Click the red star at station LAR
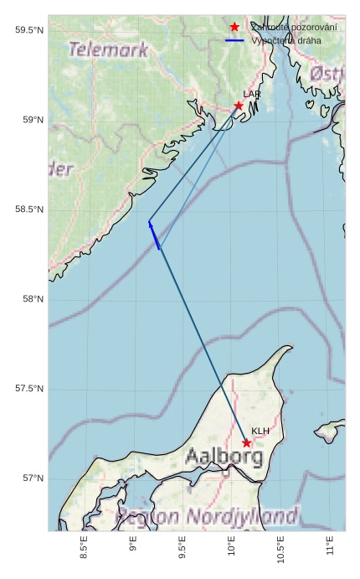tap(239, 106)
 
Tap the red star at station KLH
tap(247, 442)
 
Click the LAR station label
tap(252, 95)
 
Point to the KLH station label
tap(260, 432)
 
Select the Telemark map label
tap(108, 50)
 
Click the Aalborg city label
tap(224, 458)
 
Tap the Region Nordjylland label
tap(207, 514)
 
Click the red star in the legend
tap(234, 28)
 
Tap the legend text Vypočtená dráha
tap(286, 40)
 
